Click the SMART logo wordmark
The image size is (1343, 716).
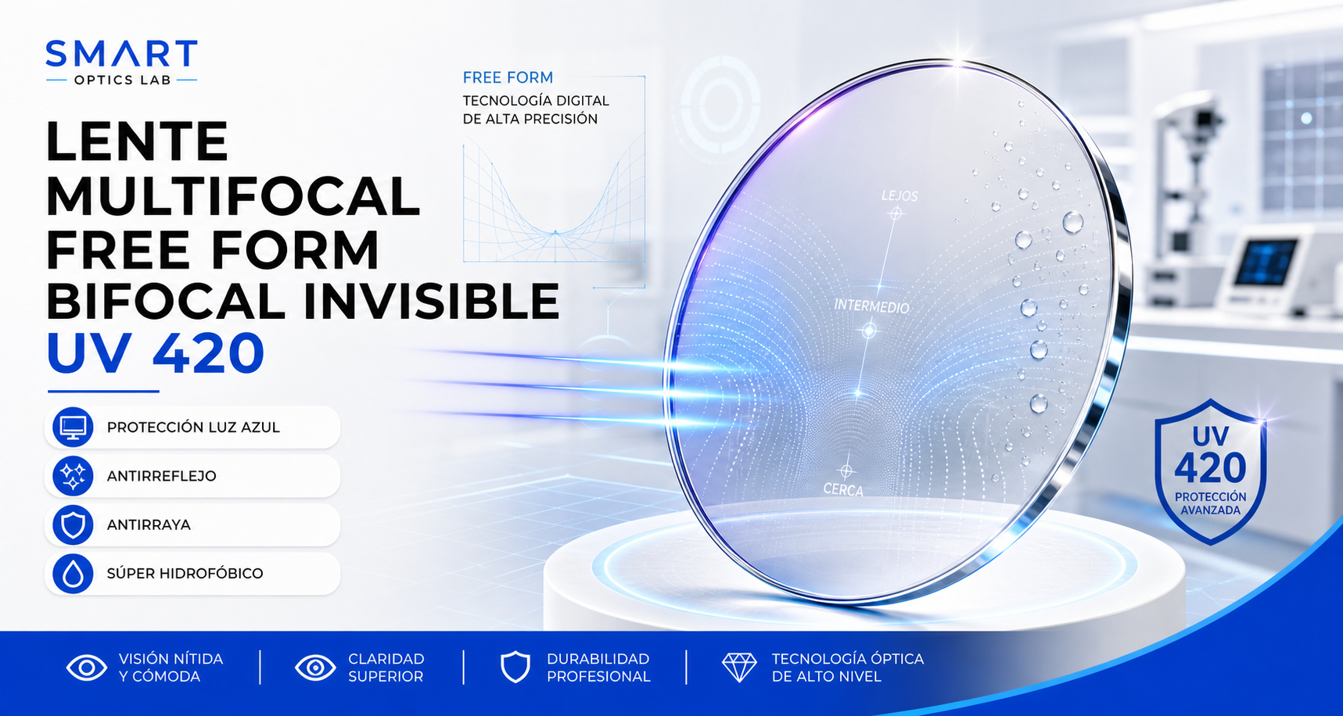(x=121, y=54)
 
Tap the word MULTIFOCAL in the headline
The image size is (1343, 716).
(x=233, y=195)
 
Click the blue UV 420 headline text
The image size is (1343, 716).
(x=156, y=353)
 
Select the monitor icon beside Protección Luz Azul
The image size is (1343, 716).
(x=73, y=427)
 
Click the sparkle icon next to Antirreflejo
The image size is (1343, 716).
(x=73, y=476)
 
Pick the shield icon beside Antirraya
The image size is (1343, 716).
(x=73, y=524)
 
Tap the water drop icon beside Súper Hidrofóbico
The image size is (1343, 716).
(x=73, y=574)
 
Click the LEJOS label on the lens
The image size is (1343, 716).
(x=900, y=195)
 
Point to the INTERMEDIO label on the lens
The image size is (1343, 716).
(x=871, y=306)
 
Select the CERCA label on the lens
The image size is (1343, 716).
(x=843, y=489)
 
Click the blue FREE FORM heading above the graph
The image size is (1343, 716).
(x=508, y=77)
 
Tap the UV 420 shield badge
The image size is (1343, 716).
(x=1210, y=471)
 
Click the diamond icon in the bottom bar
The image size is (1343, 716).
(x=739, y=668)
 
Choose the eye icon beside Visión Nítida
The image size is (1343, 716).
(x=87, y=668)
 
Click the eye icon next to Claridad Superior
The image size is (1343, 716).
(x=315, y=668)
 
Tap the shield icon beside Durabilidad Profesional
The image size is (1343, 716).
(x=515, y=668)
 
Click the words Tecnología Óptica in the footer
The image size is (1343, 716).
(x=848, y=659)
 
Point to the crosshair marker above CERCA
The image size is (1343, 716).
(x=846, y=471)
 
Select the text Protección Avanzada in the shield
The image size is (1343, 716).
(x=1210, y=503)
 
